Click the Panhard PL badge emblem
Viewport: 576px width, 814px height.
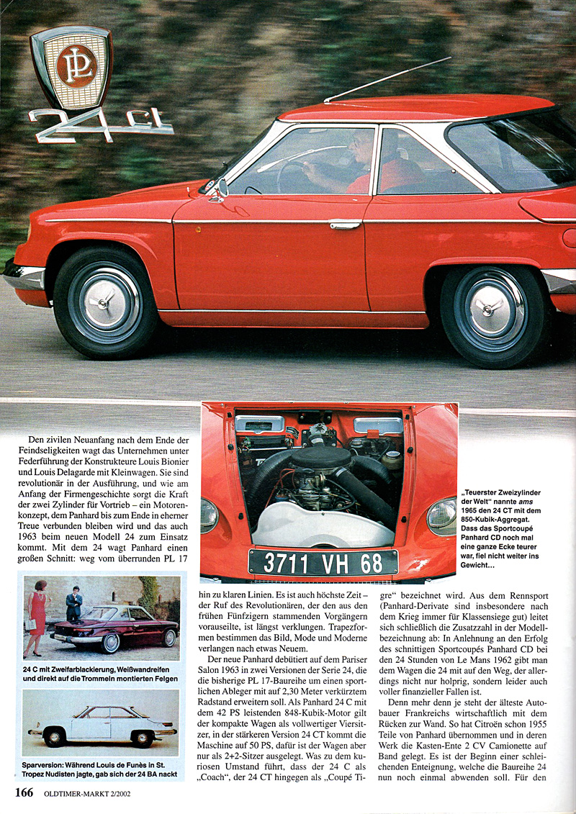pyautogui.click(x=71, y=67)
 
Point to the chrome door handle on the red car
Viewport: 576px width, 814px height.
pyautogui.click(x=345, y=225)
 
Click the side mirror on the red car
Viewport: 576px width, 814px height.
pyautogui.click(x=220, y=189)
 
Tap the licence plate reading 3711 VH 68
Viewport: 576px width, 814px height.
pyautogui.click(x=323, y=562)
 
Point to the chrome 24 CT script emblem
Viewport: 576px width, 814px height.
pyautogui.click(x=101, y=125)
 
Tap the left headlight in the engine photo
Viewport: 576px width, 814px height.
pyautogui.click(x=209, y=515)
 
